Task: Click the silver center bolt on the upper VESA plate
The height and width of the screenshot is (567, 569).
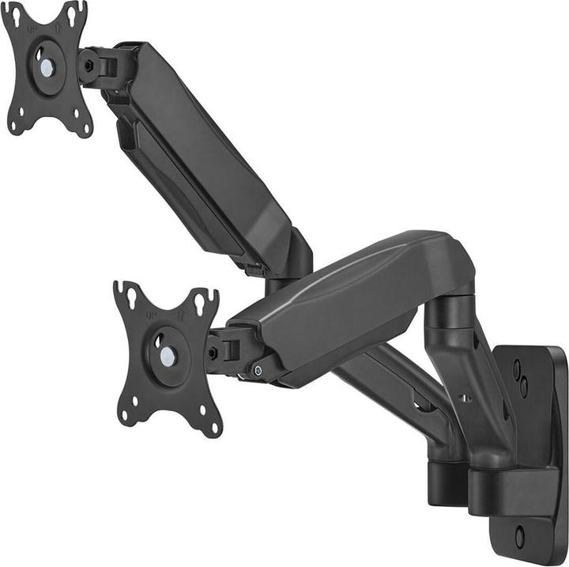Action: click(x=47, y=69)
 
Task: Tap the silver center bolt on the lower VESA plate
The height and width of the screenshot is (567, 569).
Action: click(x=168, y=356)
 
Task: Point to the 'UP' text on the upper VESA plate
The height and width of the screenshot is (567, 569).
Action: click(x=32, y=29)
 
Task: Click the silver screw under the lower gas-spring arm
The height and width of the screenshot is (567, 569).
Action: click(x=258, y=370)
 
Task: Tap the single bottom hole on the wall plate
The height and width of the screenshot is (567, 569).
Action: click(x=518, y=538)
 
